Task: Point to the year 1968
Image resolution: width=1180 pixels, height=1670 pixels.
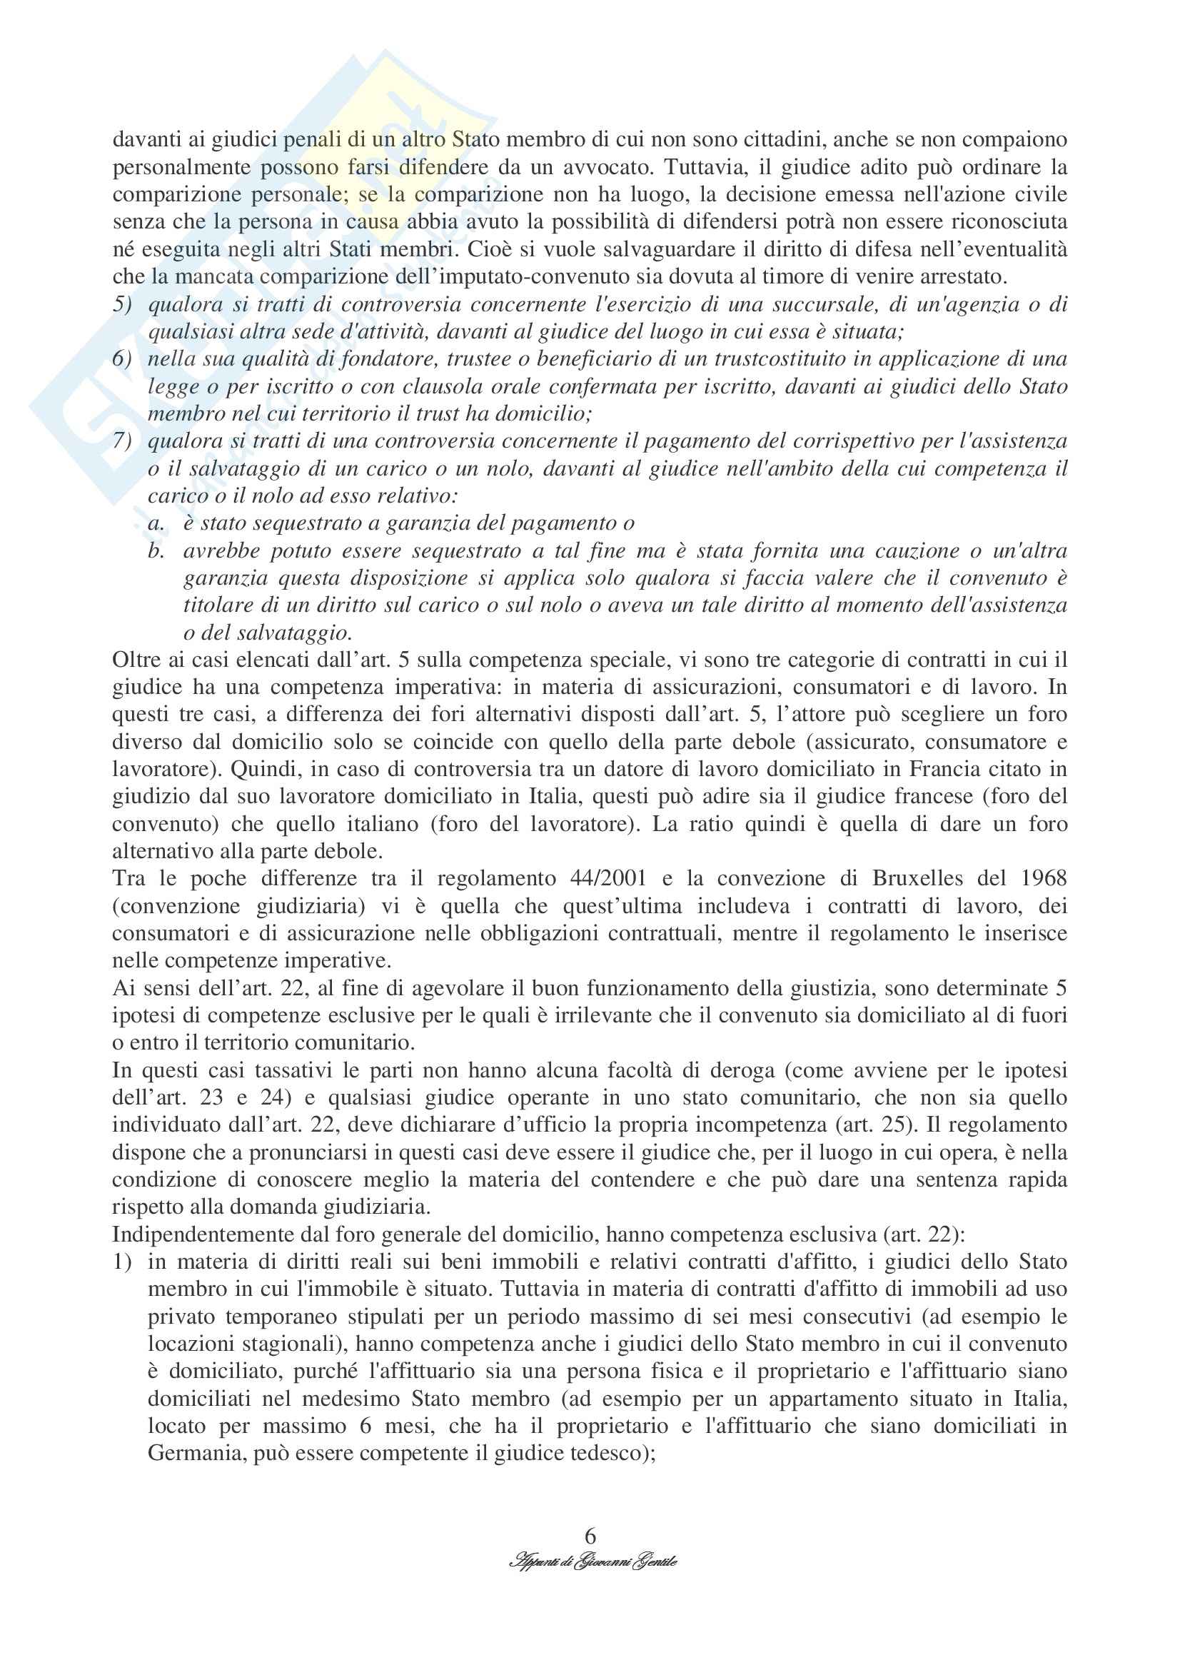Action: [x=1041, y=878]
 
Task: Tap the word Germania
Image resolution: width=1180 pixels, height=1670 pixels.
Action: [x=191, y=1453]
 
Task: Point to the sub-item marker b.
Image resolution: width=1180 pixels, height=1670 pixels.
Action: [x=155, y=550]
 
